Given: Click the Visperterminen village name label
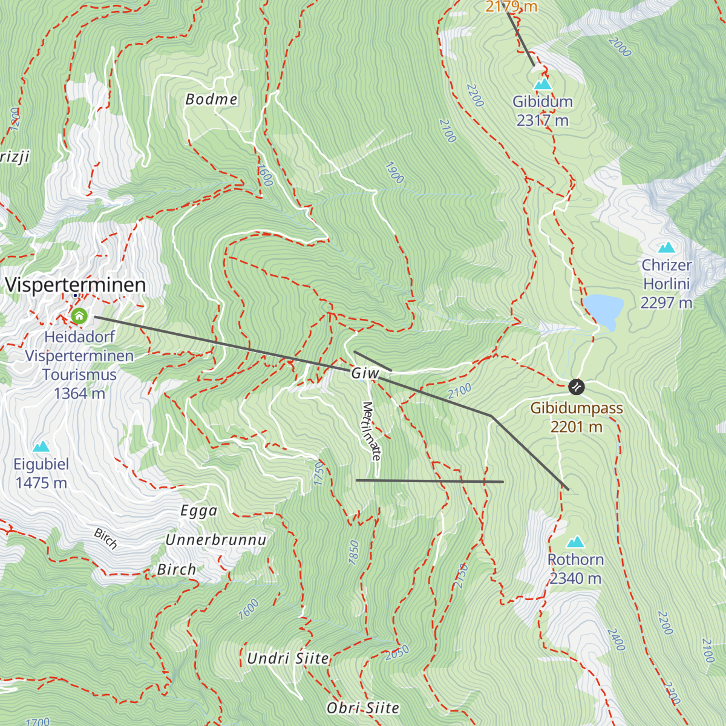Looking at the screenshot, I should (76, 285).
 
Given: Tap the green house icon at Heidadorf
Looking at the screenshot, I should (79, 316).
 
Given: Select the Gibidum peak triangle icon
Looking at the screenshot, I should (543, 83).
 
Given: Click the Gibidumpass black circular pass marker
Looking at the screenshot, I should (577, 385).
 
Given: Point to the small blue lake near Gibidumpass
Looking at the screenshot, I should (603, 309).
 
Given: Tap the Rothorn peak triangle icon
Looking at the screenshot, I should (575, 541).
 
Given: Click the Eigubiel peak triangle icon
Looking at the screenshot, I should (41, 446).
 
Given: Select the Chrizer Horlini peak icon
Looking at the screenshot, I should (666, 247).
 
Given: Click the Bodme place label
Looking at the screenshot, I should (211, 99).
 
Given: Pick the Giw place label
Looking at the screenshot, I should (365, 374).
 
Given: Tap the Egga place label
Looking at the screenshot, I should (199, 511).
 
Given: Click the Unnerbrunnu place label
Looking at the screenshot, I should (216, 540).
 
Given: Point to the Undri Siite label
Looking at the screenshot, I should (288, 658).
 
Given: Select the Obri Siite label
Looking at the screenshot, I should (363, 708).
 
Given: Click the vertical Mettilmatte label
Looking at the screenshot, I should (371, 431).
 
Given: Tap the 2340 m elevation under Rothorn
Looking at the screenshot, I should (575, 579).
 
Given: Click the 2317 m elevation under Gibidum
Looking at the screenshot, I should (543, 120).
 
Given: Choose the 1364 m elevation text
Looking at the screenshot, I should (79, 393).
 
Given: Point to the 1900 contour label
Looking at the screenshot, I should (394, 173).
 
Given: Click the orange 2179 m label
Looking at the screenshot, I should (511, 7).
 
